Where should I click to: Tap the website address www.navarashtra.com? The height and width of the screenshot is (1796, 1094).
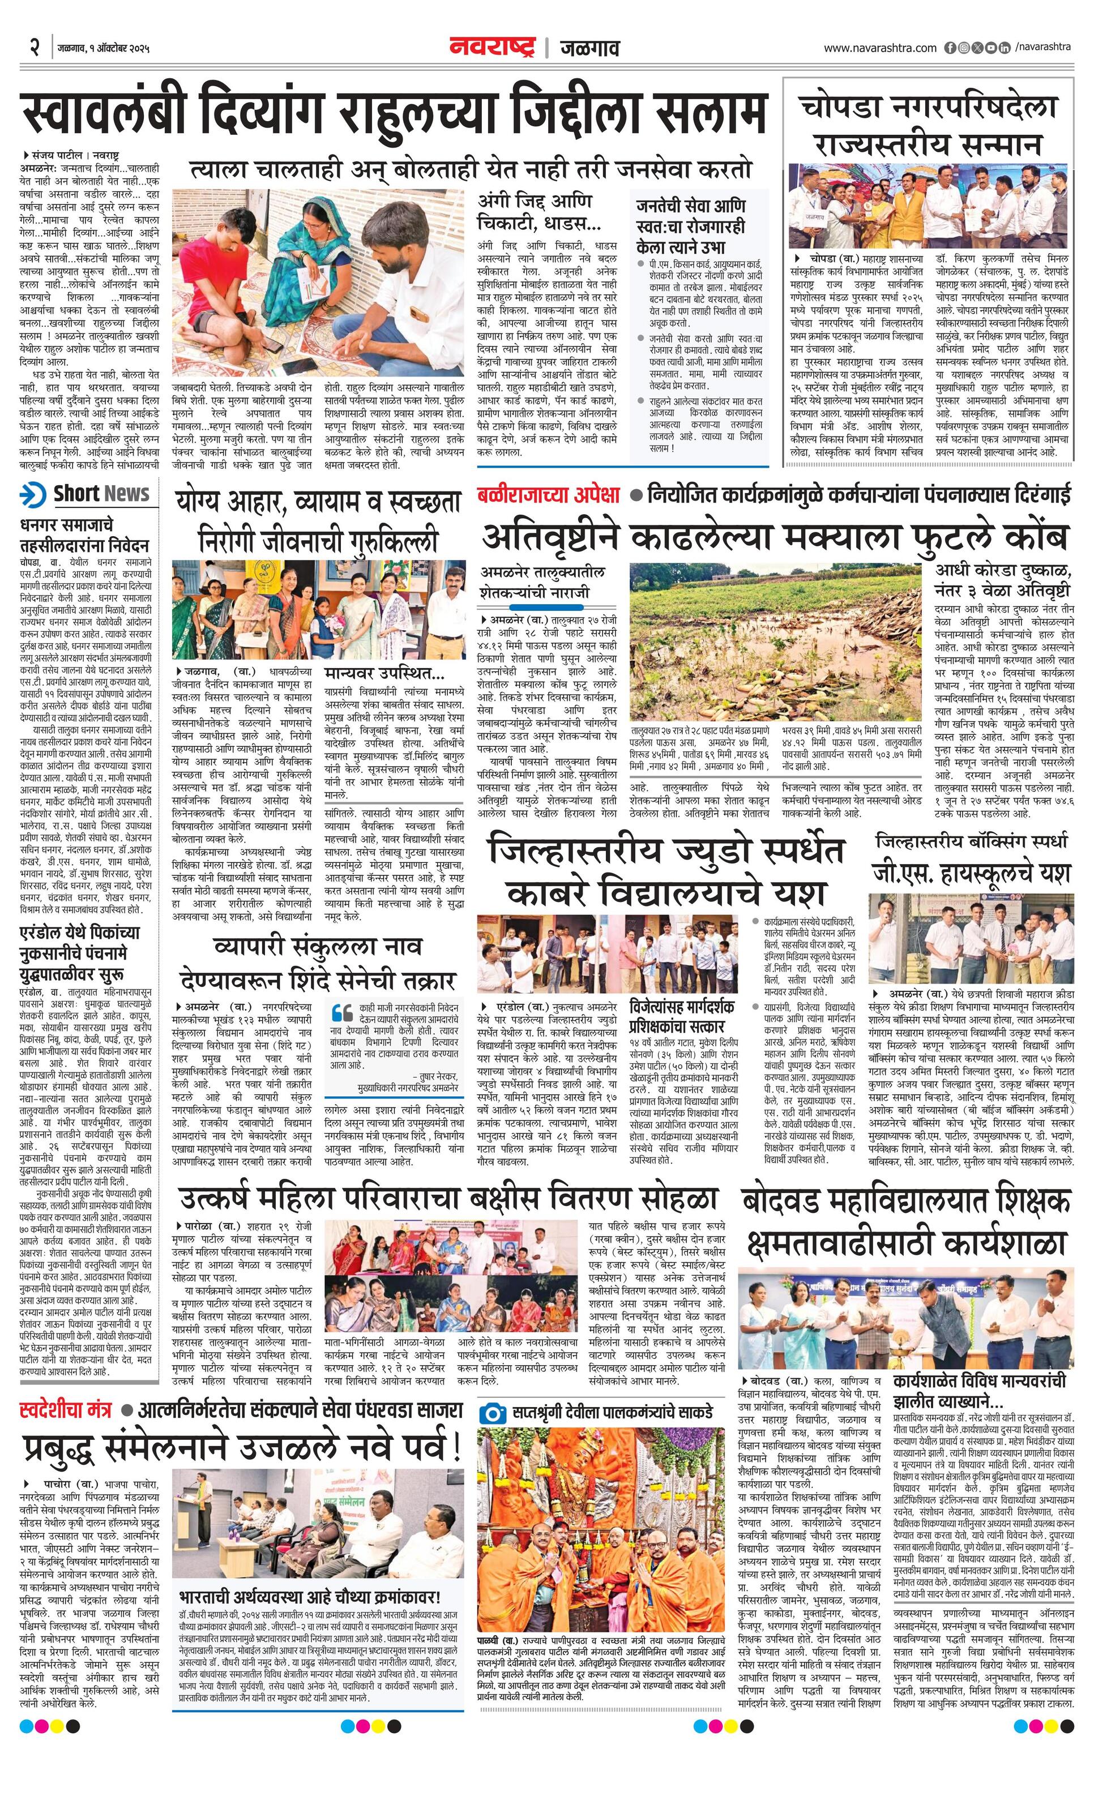click(880, 48)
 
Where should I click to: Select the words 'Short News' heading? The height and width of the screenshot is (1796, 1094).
click(101, 494)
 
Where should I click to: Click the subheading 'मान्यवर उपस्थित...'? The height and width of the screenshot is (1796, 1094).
click(385, 672)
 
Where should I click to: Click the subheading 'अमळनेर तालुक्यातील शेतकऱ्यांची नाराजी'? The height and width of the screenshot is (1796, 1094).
click(543, 581)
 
